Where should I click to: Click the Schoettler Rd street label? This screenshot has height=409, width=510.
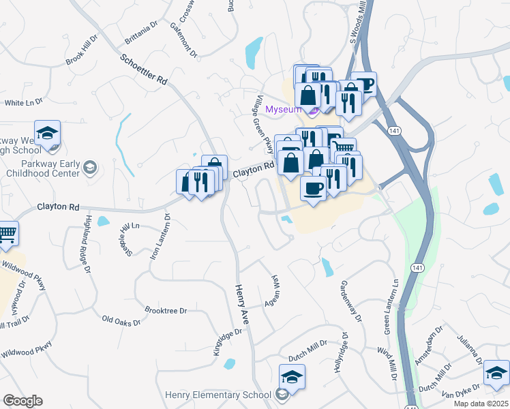143,70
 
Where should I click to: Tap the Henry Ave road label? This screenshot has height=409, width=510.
243,304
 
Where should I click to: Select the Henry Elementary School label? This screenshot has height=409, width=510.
218,395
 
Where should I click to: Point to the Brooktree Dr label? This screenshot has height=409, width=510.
166,311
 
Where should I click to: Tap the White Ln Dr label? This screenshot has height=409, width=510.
24,102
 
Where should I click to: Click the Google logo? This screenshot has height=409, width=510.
22,401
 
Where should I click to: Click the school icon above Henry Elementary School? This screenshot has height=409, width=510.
292,376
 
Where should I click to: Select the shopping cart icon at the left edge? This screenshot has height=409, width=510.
7,233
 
